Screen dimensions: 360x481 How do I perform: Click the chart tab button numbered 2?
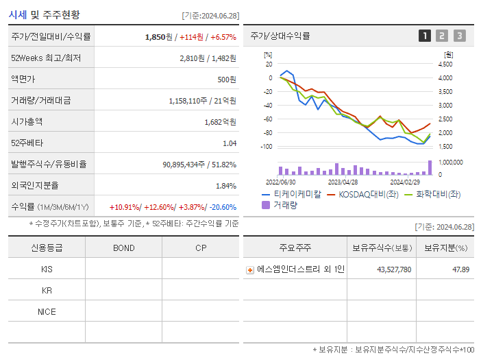442,36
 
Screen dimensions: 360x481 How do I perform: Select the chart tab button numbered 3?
459,36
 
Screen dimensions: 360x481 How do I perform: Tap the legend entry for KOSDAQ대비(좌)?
364,194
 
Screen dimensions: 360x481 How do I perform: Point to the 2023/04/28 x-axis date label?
343,182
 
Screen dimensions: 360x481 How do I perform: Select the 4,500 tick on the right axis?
445,64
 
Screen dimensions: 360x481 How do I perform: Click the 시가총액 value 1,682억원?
221,121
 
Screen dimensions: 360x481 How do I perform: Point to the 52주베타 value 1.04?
229,143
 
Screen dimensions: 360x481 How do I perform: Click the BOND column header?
123,248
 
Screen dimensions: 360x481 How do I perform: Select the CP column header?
201,248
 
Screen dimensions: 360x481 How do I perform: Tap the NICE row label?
47,311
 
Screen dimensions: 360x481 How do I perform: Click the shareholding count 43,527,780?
394,269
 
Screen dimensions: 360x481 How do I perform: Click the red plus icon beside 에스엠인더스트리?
250,270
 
